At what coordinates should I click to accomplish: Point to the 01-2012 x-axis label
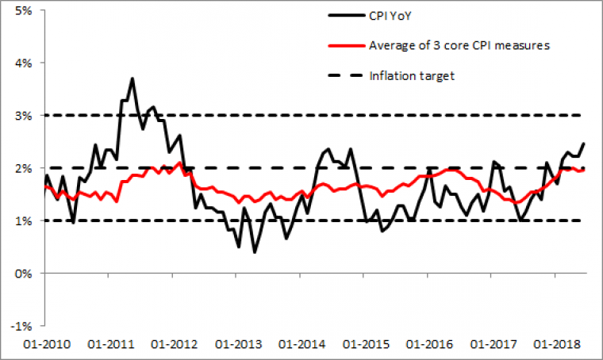pyautogui.click(x=174, y=346)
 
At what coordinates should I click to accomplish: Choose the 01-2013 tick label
pyautogui.click(x=237, y=346)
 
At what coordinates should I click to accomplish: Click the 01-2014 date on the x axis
pyautogui.click(x=301, y=346)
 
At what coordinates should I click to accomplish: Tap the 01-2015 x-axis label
pyautogui.click(x=364, y=346)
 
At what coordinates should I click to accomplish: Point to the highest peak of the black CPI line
pyautogui.click(x=133, y=78)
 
